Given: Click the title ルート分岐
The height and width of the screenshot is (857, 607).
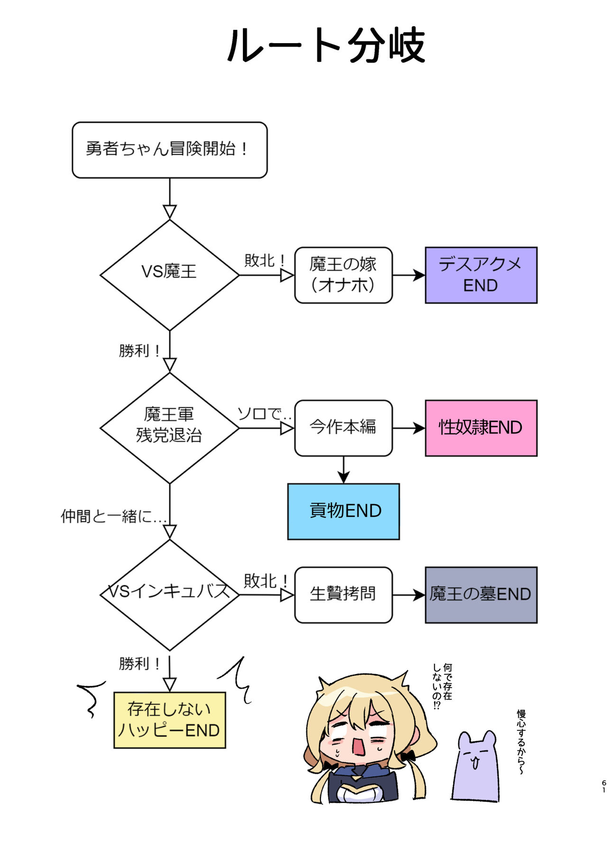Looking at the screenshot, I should (326, 46).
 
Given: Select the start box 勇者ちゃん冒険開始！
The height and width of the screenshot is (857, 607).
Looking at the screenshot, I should (169, 150).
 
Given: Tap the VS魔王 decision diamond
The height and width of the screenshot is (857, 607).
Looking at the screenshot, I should (169, 275).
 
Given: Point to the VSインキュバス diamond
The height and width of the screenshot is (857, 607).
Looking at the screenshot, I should (169, 594).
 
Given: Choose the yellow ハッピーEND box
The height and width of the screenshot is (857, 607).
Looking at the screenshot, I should (169, 720).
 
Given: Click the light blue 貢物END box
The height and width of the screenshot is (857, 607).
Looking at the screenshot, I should (343, 511).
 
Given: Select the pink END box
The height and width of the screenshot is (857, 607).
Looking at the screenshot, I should (481, 428).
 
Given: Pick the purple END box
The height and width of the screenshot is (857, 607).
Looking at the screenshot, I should (481, 275).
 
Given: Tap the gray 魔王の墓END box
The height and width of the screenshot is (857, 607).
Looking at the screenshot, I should (481, 594).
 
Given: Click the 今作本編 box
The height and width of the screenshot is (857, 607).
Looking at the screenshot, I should (343, 428).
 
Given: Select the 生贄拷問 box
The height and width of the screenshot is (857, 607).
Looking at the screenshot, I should (343, 594).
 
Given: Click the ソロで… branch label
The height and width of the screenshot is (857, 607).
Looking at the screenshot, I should (264, 414).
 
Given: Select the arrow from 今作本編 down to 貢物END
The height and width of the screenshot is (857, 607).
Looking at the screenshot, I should (343, 470).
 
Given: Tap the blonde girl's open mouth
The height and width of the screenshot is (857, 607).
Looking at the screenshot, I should (357, 746).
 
